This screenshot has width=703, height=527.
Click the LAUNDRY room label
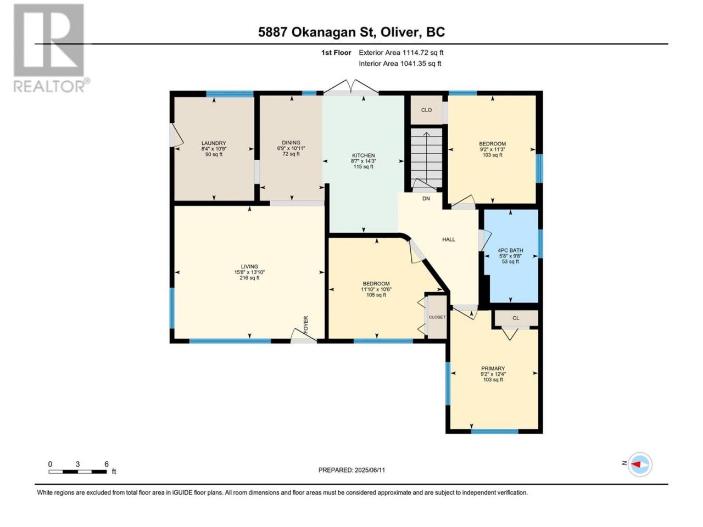[x=214, y=143]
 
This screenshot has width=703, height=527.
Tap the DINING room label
[x=291, y=142]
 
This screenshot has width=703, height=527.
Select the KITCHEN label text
[x=363, y=155]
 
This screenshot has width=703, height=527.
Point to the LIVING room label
[x=249, y=267]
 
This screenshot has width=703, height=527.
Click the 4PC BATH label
[x=511, y=250]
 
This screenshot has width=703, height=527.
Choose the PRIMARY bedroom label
[x=493, y=368]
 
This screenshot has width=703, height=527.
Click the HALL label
[x=449, y=239]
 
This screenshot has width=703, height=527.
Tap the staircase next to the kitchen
[x=427, y=158]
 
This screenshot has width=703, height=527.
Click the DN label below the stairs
[x=426, y=198]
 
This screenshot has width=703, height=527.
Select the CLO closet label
[x=426, y=110]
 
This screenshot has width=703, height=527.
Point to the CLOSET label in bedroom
[x=437, y=317]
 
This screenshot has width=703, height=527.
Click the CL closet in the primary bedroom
[x=516, y=318]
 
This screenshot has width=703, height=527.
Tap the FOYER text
[x=306, y=325]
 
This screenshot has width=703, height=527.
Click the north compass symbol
[x=640, y=464]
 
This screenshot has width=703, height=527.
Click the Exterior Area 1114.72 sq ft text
[x=401, y=53]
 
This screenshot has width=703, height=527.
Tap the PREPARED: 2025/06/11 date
[x=351, y=470]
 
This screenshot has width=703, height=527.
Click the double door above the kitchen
[x=351, y=88]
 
